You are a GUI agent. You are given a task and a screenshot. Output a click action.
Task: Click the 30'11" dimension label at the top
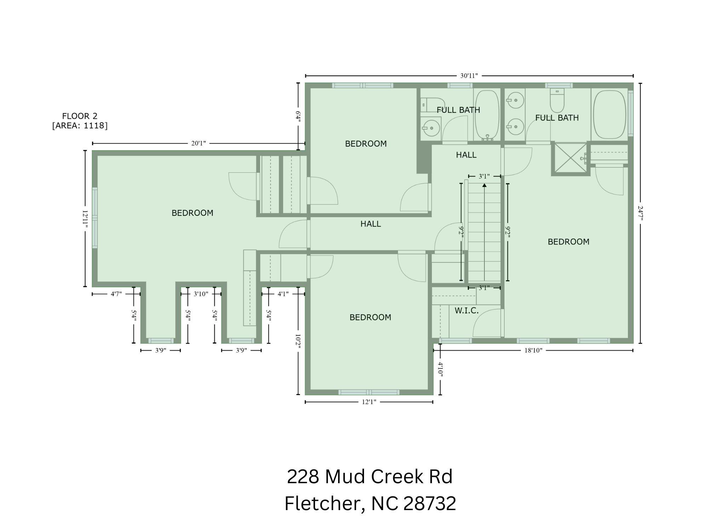[x=469, y=75]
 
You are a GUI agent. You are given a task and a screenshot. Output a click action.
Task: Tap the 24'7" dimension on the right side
[x=640, y=213]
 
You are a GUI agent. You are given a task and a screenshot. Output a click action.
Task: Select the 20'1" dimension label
[x=198, y=143]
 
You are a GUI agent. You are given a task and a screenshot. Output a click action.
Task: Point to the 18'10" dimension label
[x=533, y=350]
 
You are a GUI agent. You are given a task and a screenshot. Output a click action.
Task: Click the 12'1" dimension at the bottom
[x=369, y=402]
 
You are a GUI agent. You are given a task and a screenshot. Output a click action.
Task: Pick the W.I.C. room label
[x=467, y=311]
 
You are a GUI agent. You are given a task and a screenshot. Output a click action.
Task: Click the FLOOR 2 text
[x=80, y=116]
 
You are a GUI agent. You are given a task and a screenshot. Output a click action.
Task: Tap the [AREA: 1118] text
[x=80, y=125]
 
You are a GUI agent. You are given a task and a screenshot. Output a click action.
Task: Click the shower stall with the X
[x=570, y=158]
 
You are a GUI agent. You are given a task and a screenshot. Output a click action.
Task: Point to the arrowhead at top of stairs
[x=484, y=185]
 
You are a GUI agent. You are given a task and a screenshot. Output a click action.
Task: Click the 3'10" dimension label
[x=201, y=294]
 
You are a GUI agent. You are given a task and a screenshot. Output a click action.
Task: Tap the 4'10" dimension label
[x=440, y=368]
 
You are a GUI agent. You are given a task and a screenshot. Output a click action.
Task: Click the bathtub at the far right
[x=609, y=114]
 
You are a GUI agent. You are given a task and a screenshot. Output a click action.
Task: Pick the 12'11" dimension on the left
[x=85, y=219]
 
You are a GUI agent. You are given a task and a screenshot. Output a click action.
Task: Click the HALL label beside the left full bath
[x=466, y=155]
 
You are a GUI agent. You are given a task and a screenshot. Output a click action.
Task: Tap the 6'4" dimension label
[x=298, y=117]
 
